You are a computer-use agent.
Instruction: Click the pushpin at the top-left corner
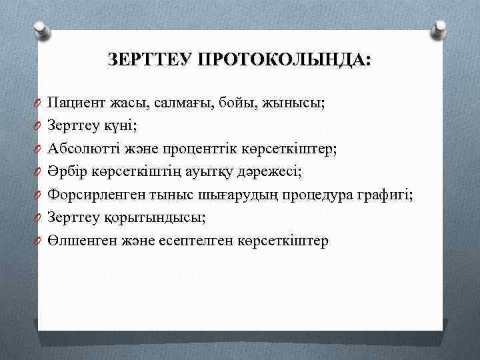(41, 29)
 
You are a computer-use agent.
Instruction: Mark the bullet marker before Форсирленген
(41, 195)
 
